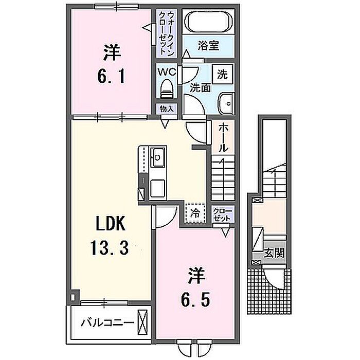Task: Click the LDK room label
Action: [111, 223]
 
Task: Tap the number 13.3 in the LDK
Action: [110, 247]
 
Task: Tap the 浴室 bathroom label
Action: [208, 46]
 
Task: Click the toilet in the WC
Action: [167, 89]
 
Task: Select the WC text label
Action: [167, 72]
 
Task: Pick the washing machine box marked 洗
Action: [223, 74]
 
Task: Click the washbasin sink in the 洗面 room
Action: [226, 103]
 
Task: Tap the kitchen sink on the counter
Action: [158, 157]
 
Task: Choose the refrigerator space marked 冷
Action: [195, 213]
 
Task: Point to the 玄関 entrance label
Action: [274, 253]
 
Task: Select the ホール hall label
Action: [223, 138]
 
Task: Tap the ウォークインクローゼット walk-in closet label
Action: [167, 33]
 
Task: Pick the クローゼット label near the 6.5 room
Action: [223, 214]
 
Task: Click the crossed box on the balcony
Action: [142, 322]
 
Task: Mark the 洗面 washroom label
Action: [200, 88]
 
